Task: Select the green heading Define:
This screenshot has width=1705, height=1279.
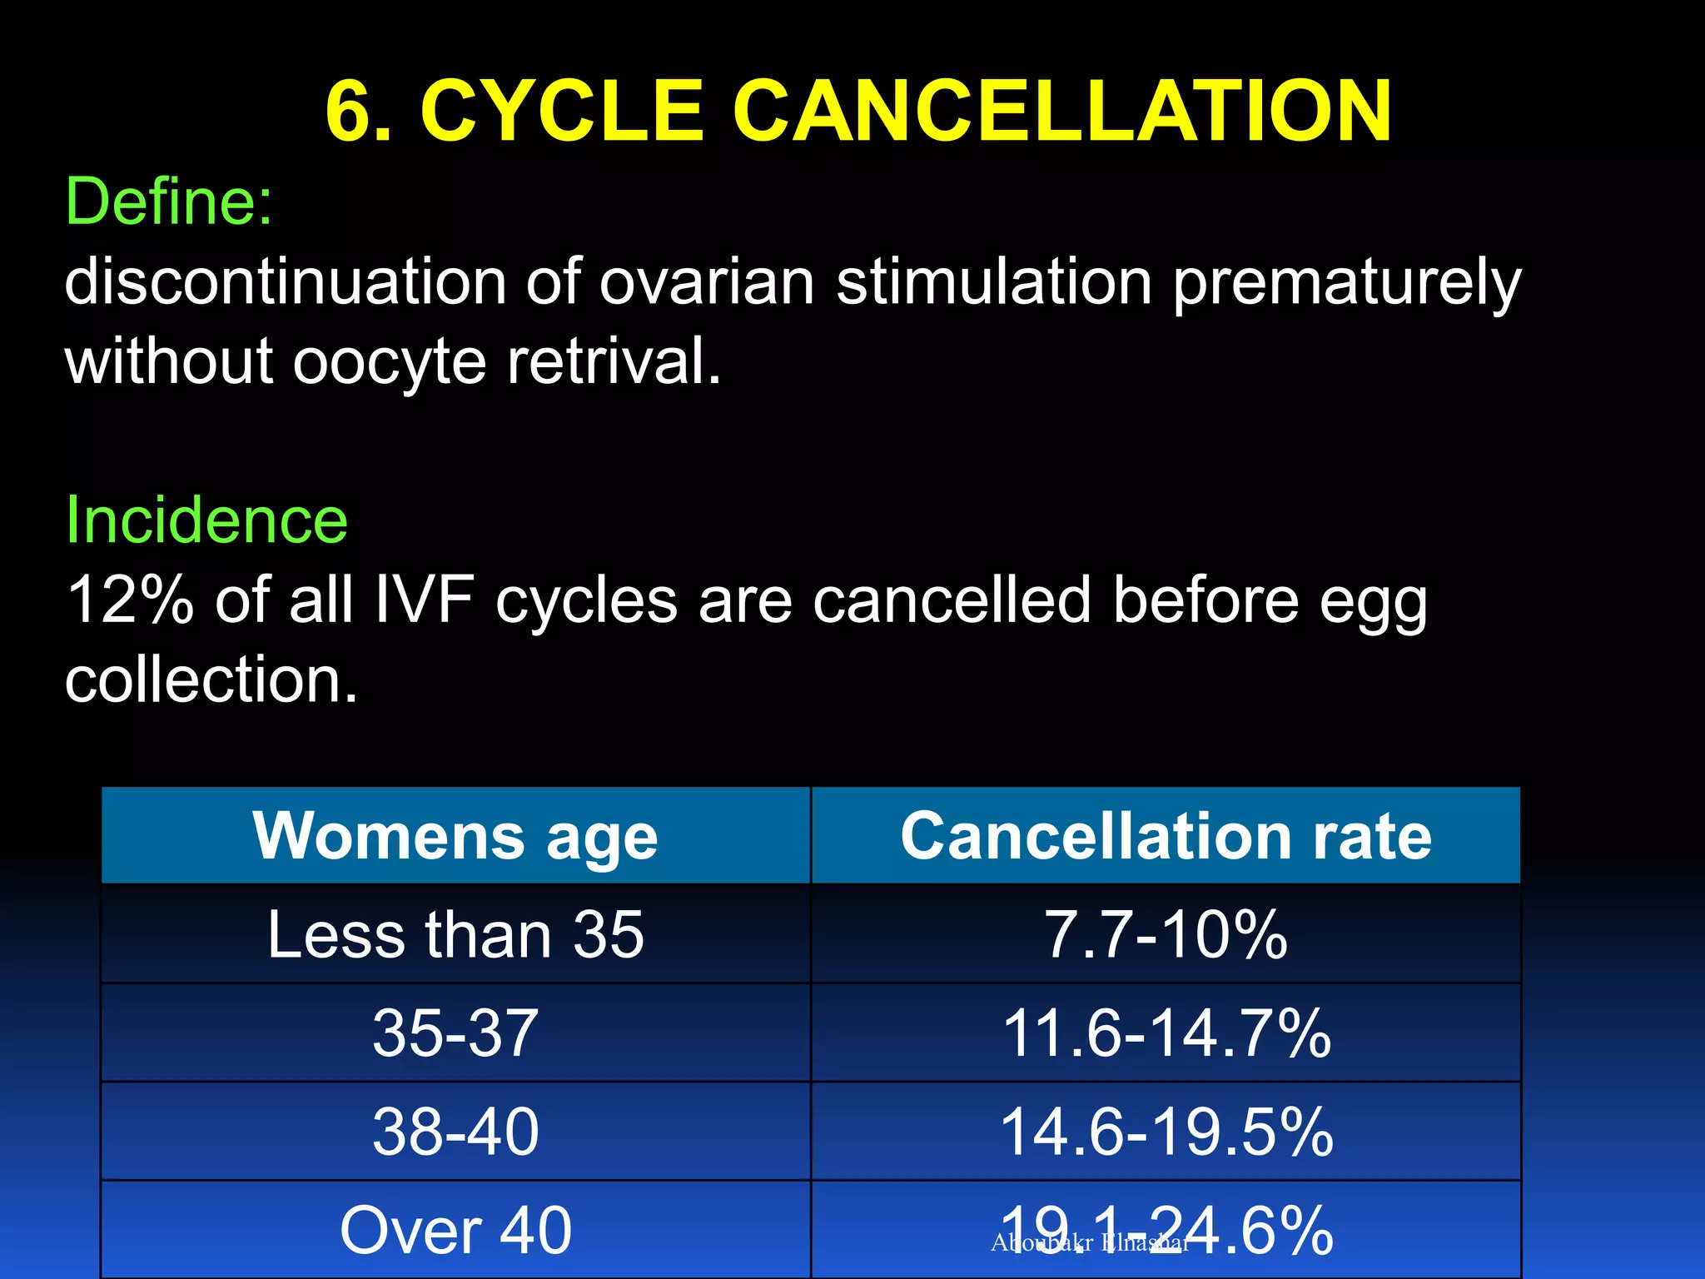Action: coord(169,202)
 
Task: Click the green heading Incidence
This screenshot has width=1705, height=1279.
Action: coord(206,520)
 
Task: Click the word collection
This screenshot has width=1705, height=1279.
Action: coord(211,679)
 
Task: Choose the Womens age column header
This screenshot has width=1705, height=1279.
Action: coord(455,836)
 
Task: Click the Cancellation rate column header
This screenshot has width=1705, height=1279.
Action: coord(1166,836)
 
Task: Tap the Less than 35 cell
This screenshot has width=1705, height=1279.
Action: coord(455,934)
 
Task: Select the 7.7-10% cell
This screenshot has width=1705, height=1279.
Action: coord(1166,934)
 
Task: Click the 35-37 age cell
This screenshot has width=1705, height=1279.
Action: coord(455,1033)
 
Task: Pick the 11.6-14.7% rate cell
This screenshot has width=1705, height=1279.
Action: coord(1166,1033)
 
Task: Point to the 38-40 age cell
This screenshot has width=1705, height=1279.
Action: coord(455,1132)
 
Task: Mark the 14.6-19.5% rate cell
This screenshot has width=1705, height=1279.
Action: coord(1166,1132)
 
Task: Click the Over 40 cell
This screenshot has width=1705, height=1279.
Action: coord(455,1230)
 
